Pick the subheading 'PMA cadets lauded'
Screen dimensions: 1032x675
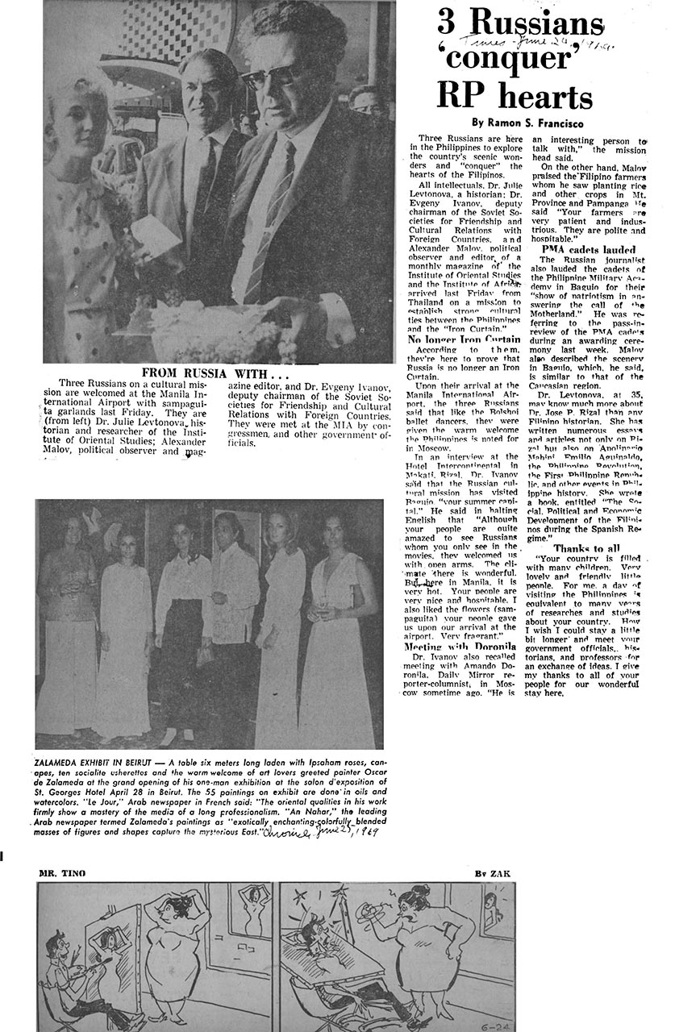[582, 250]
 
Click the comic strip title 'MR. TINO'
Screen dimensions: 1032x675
[62, 873]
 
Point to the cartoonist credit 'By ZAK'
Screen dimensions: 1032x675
[494, 873]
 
